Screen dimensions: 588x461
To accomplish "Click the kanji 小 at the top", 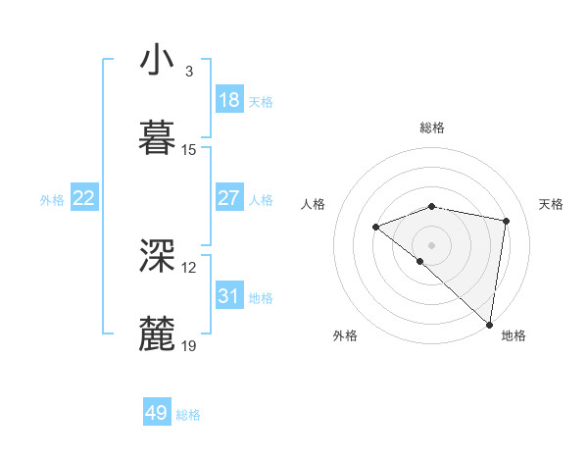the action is [x=158, y=61].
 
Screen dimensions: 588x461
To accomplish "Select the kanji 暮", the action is [x=158, y=136].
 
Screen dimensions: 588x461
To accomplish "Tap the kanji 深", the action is [x=158, y=255].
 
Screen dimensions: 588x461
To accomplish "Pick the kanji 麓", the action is [x=158, y=333].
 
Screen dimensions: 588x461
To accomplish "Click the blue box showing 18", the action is [x=228, y=100].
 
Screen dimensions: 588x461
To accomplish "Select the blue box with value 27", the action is [x=228, y=198].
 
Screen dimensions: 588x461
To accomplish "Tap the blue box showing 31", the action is [x=228, y=296].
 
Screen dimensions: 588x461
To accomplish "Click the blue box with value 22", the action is [x=84, y=198].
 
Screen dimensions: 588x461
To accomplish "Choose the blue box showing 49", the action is [x=157, y=413].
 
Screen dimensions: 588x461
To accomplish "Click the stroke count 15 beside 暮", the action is [x=189, y=149].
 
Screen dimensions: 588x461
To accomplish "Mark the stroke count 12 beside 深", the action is [x=189, y=267].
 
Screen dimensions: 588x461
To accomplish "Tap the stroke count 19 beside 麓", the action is [x=189, y=345].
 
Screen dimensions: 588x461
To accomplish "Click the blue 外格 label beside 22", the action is [x=52, y=200].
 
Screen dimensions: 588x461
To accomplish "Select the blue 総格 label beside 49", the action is [x=188, y=415].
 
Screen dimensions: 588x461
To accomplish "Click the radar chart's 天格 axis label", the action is [x=551, y=204].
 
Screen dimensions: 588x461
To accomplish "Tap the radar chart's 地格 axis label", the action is [x=514, y=335].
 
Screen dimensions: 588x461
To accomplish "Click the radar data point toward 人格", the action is [x=375, y=227].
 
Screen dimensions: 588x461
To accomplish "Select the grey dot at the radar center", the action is [x=431, y=244].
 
